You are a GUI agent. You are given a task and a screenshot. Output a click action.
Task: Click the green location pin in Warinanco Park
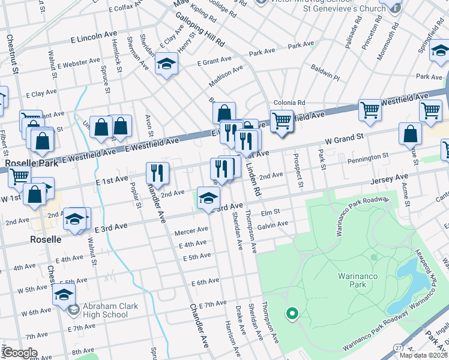[292, 313]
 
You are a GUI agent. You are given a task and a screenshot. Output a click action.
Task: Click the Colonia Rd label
[289, 103]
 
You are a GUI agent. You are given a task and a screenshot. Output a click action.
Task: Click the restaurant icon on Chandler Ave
[157, 173]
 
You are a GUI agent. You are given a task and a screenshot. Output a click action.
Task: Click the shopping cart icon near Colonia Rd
[282, 121]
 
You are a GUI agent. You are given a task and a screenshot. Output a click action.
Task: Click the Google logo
[20, 353]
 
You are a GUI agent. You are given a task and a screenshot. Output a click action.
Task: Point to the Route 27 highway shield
[398, 348]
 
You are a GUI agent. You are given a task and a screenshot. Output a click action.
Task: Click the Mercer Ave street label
[191, 230]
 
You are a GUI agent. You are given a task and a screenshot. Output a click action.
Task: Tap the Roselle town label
[46, 239]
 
